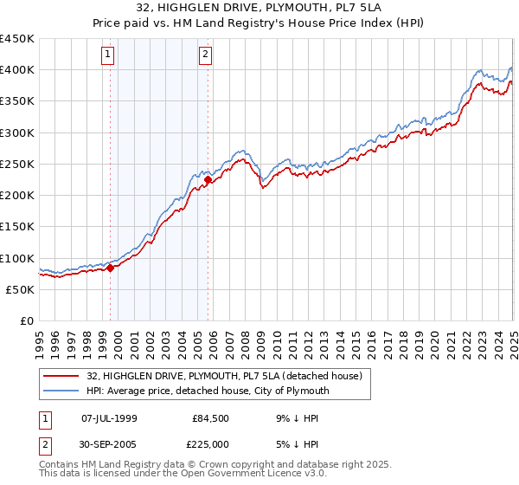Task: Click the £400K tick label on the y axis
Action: coord(17,70)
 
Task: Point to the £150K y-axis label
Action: coord(17,226)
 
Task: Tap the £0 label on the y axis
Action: coord(27,320)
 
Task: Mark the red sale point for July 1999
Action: coord(111,268)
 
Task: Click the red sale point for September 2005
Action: coord(208,180)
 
